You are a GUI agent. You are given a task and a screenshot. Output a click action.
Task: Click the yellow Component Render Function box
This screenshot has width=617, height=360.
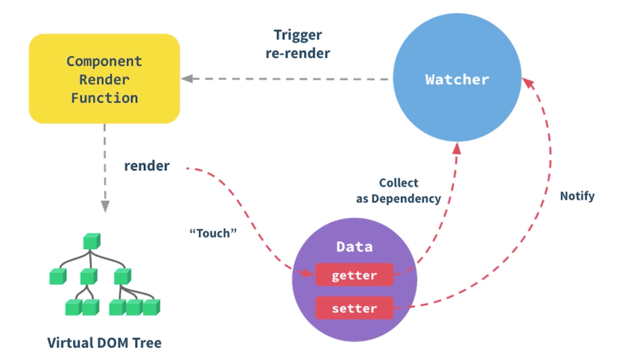[104, 78]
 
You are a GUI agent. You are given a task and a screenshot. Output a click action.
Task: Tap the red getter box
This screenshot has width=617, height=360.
[354, 276]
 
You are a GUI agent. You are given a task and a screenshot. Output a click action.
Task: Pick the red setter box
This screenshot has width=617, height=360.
[354, 309]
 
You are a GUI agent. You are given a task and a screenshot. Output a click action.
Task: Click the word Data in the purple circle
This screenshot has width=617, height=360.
[354, 247]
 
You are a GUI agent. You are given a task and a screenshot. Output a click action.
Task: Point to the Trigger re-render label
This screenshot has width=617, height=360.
[298, 44]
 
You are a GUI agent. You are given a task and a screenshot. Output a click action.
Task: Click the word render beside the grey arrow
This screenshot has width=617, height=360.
[147, 166]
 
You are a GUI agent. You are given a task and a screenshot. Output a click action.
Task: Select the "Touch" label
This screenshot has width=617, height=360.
[213, 233]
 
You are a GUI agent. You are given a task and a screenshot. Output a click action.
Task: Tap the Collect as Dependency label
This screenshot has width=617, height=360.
[398, 191]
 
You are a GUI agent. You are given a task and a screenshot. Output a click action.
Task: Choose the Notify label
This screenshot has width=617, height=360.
[577, 196]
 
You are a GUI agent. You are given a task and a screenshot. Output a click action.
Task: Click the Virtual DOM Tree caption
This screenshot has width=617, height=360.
[105, 343]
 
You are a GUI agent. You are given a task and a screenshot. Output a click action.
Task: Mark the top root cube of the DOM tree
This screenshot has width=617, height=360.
[92, 241]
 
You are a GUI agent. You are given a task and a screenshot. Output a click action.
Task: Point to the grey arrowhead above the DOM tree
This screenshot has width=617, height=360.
[104, 206]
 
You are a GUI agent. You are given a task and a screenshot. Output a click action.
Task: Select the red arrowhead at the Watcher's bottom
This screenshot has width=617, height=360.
[457, 148]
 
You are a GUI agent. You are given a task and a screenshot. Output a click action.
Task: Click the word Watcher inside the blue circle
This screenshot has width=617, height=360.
[457, 80]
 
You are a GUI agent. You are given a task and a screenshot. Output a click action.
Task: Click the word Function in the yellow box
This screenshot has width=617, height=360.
[104, 98]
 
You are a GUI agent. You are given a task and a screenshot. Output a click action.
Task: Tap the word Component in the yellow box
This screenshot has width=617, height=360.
[104, 62]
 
